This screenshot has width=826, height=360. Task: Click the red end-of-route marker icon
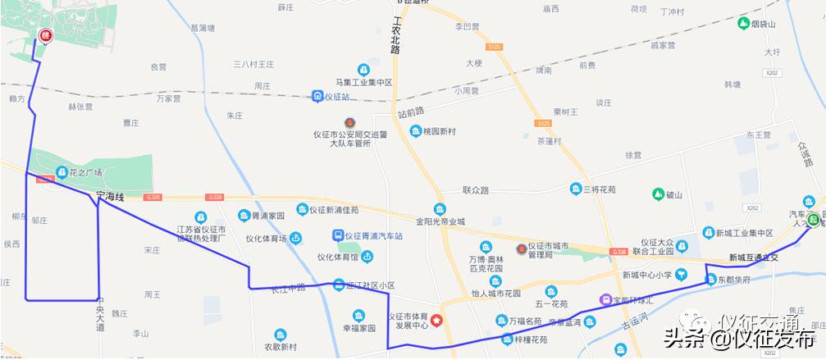(45, 36)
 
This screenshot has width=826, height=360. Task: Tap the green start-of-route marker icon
(812, 219)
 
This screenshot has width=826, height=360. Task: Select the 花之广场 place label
(85, 172)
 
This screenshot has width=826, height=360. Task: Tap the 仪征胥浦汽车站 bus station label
(373, 236)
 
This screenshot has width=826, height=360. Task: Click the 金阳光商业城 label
(440, 221)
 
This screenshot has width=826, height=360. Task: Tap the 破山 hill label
(674, 194)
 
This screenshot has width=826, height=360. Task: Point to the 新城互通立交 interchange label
(751, 257)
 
